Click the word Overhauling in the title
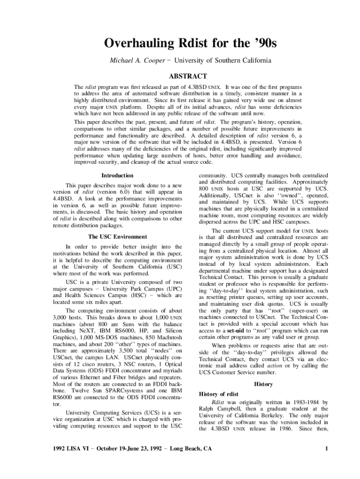pyautogui.click(x=132, y=44)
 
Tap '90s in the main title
pyautogui.click(x=264, y=44)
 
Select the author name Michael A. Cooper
pyautogui.click(x=133, y=61)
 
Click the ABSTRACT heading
pyautogui.click(x=187, y=76)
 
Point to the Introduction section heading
pyautogui.click(x=117, y=175)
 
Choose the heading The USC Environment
pyautogui.click(x=117, y=237)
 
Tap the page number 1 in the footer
pyautogui.click(x=326, y=449)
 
